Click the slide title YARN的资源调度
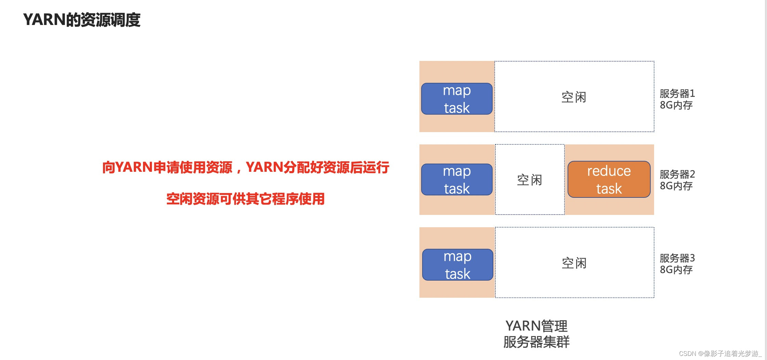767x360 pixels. [82, 20]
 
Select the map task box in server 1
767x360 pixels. [457, 99]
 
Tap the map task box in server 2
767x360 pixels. [457, 180]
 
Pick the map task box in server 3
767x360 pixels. [458, 265]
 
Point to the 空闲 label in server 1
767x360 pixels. [574, 97]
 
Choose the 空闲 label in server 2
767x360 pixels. [529, 180]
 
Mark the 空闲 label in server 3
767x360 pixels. [574, 263]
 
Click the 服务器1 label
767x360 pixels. [677, 93]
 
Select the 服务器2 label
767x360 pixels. [677, 174]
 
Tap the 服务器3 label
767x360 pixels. [677, 258]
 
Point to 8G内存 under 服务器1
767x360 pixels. [676, 105]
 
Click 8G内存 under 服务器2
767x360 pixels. [676, 186]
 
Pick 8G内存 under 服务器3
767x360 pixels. [676, 270]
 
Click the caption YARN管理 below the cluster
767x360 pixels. [536, 326]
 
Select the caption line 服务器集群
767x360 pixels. [536, 342]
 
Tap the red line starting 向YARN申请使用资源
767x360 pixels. [246, 167]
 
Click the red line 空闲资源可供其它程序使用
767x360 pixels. [245, 199]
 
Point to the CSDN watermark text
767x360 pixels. [720, 353]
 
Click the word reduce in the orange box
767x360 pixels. [609, 171]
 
